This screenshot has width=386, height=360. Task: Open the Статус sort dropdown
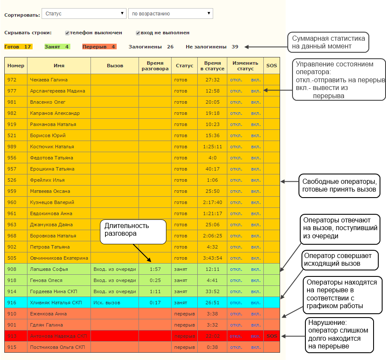(84, 14)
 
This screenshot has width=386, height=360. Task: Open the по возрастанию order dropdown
(171, 14)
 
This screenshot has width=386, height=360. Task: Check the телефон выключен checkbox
(67, 33)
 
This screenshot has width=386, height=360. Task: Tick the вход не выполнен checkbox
(138, 33)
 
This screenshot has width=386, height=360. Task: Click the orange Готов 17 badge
(18, 47)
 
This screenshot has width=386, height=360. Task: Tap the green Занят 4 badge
(57, 47)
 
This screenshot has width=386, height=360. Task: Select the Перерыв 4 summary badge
(99, 47)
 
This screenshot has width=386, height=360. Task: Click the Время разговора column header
(155, 66)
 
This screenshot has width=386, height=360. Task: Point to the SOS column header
(271, 66)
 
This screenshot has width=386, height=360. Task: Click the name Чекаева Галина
(49, 80)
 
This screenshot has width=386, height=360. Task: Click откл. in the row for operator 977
(236, 91)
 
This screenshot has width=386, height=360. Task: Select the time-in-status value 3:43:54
(212, 258)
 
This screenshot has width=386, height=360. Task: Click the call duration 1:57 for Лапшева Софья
(155, 269)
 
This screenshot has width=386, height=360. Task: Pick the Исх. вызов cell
(107, 303)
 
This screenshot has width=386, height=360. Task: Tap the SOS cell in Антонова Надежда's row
(272, 336)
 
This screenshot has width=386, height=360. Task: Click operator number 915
(12, 347)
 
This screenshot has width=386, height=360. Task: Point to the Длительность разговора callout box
(133, 232)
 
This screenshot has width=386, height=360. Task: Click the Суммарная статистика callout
(329, 42)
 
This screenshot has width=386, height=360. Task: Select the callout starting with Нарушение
(340, 335)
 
